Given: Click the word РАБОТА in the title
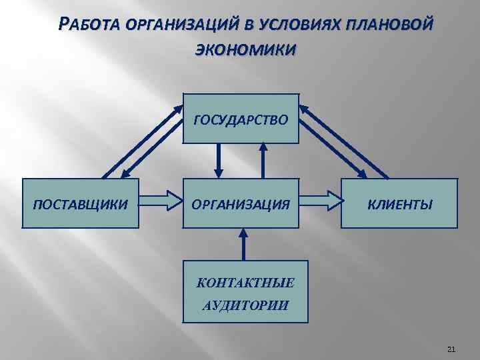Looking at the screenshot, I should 88,25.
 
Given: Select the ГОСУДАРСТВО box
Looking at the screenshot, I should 241,119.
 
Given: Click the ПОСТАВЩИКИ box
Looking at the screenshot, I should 81,203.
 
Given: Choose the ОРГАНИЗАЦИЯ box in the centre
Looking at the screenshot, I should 241,203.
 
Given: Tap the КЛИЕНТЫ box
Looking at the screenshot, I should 400,203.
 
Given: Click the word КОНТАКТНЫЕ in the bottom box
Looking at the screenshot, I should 245,283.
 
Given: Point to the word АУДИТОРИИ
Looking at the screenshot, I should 245,306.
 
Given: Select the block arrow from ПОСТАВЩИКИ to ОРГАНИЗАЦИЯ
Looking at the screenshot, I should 161,198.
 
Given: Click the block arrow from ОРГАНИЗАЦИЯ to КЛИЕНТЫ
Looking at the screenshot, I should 321,198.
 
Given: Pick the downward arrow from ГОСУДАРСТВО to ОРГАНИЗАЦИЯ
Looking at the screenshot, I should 218,161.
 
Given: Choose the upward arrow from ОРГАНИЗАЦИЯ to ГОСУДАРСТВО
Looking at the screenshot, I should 265,160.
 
